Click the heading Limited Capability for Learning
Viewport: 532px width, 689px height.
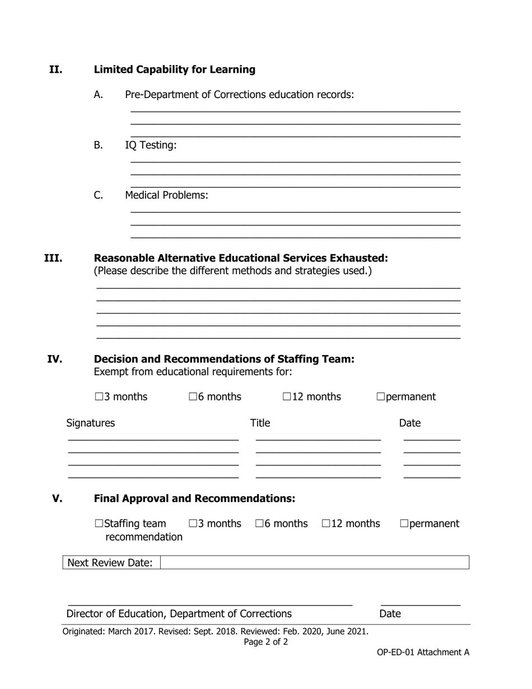(x=174, y=69)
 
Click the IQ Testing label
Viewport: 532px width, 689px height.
(x=151, y=145)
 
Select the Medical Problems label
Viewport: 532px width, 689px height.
(x=166, y=195)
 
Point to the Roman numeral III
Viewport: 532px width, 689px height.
(x=53, y=258)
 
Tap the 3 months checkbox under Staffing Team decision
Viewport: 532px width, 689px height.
(x=99, y=397)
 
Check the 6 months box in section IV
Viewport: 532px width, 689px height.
(x=193, y=397)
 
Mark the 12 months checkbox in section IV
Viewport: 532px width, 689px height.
(x=287, y=397)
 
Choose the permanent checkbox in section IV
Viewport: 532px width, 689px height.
(x=381, y=397)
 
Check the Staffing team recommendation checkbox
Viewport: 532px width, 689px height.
(x=99, y=524)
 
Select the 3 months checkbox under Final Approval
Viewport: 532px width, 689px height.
(x=193, y=524)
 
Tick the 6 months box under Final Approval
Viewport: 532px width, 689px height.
(x=259, y=524)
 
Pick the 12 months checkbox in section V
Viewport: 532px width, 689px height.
(x=326, y=524)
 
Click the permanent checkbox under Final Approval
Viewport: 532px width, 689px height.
(x=404, y=524)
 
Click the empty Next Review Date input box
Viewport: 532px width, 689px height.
(x=314, y=562)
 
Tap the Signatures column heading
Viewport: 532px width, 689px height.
(x=90, y=423)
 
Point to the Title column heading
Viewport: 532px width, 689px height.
(x=260, y=423)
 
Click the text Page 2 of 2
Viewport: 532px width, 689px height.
(x=266, y=642)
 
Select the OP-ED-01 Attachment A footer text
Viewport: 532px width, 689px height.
(x=423, y=652)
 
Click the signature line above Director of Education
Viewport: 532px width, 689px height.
(x=210, y=604)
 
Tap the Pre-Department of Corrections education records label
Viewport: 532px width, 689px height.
(x=239, y=95)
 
